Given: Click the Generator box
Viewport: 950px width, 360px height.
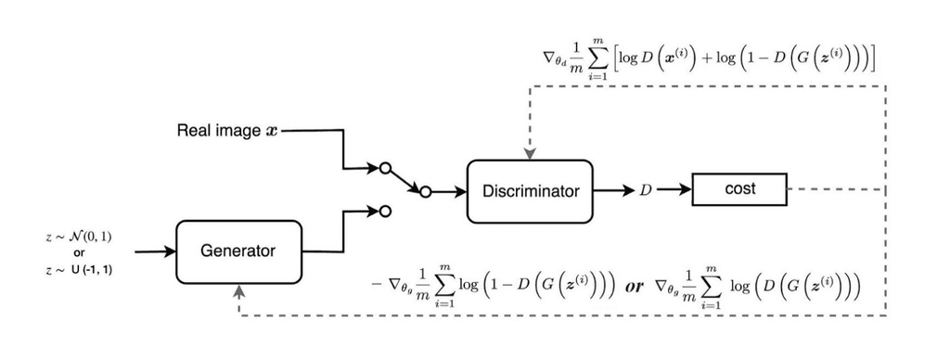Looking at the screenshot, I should [x=239, y=251].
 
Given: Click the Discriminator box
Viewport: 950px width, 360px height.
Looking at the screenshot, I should [x=530, y=191].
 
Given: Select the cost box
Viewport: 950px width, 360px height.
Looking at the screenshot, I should [x=739, y=188].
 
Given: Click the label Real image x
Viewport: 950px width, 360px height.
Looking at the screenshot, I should [x=226, y=131].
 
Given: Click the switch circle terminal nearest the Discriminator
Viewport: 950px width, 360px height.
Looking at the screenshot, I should [x=425, y=192].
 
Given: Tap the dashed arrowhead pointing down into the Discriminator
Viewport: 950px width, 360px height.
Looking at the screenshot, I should [x=530, y=153].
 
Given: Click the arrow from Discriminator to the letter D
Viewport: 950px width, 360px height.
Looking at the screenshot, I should [x=612, y=191].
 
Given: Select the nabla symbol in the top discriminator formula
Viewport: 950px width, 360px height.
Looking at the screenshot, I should [x=548, y=58].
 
